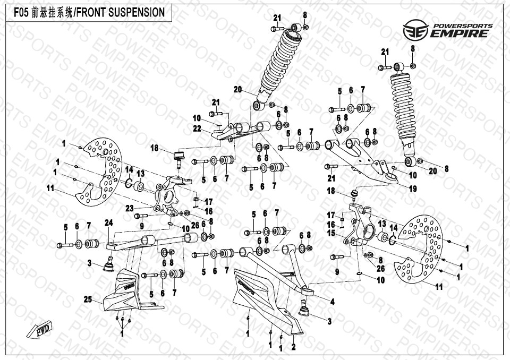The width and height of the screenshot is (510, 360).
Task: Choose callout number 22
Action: (x=197, y=128)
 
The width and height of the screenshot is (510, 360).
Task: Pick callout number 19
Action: (x=413, y=188)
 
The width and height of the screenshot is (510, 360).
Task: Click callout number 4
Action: (x=332, y=302)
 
